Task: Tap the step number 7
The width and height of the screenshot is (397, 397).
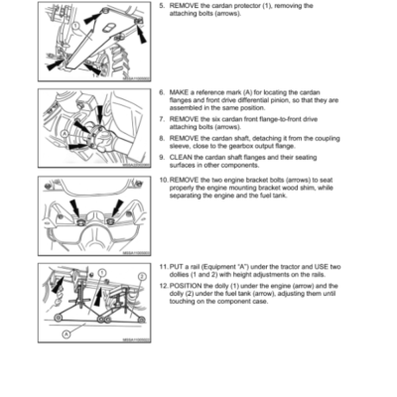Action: tap(163, 117)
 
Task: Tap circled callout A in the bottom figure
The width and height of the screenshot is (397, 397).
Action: tap(66, 334)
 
